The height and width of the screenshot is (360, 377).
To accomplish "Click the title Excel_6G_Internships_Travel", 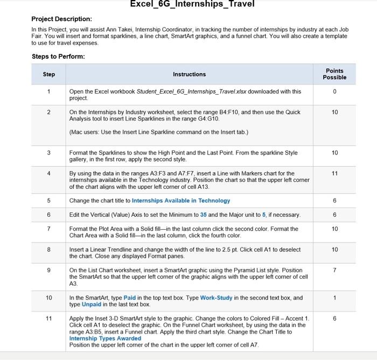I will click(x=192, y=4).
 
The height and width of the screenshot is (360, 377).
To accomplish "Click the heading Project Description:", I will click(x=61, y=19).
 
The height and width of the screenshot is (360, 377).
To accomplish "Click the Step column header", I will click(x=48, y=74).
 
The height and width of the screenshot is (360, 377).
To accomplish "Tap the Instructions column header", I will click(x=189, y=74).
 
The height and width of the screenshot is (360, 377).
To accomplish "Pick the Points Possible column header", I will click(x=334, y=74).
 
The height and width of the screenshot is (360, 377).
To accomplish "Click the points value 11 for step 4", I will click(x=334, y=173).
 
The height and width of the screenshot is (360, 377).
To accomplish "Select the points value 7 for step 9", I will click(x=334, y=270).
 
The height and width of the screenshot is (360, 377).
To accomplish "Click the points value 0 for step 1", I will click(x=334, y=91).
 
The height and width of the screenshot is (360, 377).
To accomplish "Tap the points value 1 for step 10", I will click(x=334, y=298).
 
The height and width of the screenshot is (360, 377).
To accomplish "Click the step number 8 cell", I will click(x=48, y=249).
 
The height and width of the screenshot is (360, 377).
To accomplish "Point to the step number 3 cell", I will click(x=48, y=153).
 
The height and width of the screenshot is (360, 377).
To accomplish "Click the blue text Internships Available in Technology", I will click(x=180, y=201).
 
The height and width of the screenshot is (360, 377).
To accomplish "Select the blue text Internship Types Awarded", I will click(x=105, y=338).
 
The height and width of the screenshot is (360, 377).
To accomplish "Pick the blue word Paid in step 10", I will click(x=130, y=298).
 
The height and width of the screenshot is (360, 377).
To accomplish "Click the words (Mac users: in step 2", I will click(x=84, y=132).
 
